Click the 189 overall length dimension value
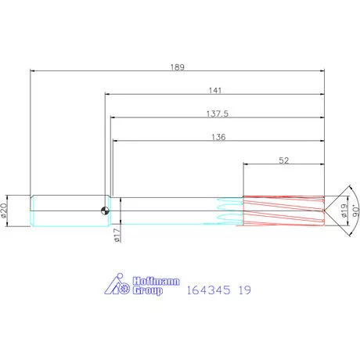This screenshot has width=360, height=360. point(178,67)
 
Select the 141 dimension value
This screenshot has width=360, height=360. point(215,91)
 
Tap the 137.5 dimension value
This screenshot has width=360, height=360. point(218,113)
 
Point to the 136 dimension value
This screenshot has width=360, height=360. point(218,137)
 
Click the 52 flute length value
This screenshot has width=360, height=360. point(284,160)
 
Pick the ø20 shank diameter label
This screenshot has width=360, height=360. point(4,211)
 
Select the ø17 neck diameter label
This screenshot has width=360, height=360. point(117,235)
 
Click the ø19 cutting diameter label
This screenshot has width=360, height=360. point(344,211)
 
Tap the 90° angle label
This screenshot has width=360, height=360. point(356,211)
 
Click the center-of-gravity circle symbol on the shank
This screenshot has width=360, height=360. point(105,211)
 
